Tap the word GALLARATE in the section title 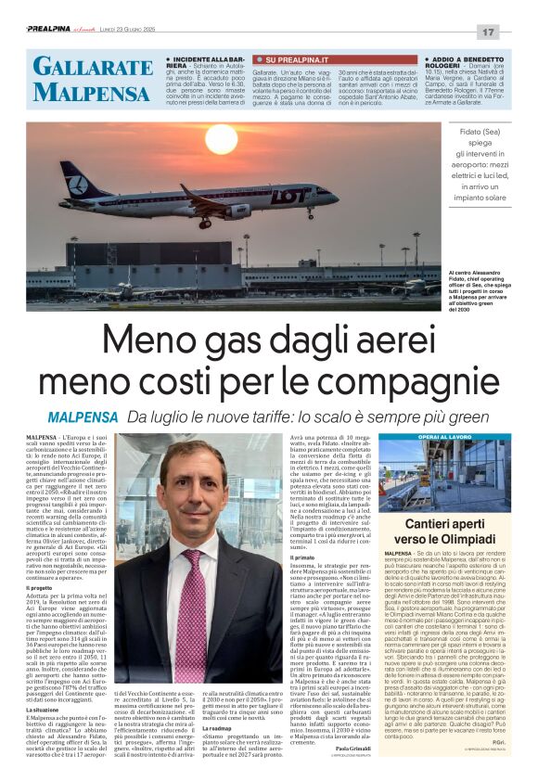pyautogui.click(x=93, y=66)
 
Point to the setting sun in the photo pyautogui.click(x=221, y=139)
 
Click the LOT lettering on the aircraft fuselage pyautogui.click(x=290, y=196)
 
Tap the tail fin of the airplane pyautogui.click(x=75, y=176)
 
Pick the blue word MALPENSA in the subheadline pyautogui.click(x=83, y=416)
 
